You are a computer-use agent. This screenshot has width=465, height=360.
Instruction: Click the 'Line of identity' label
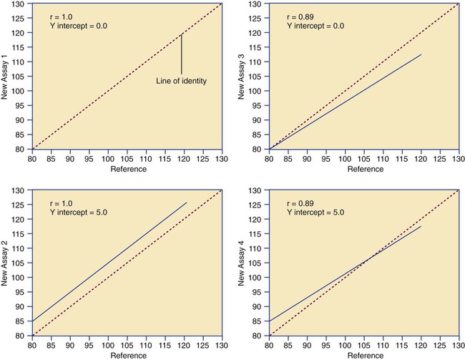[181, 82]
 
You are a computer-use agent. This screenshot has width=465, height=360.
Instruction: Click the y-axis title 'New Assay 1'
[7, 76]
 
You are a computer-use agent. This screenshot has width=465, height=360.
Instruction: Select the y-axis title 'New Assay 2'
[7, 263]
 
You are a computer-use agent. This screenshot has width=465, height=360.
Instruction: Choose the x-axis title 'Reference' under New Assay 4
[367, 356]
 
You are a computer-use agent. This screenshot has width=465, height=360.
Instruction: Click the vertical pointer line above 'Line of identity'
[182, 54]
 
